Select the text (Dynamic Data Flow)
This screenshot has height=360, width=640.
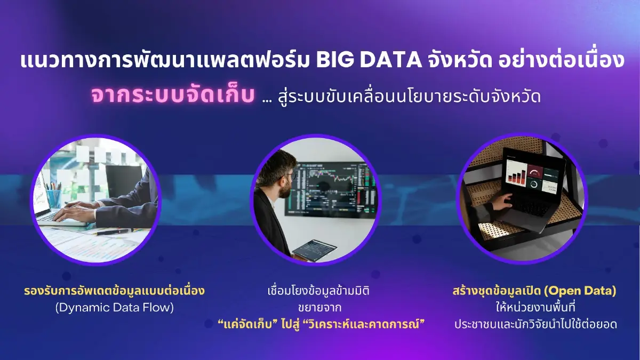[x=115, y=307]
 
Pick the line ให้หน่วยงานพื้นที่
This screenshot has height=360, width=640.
[x=533, y=308]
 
